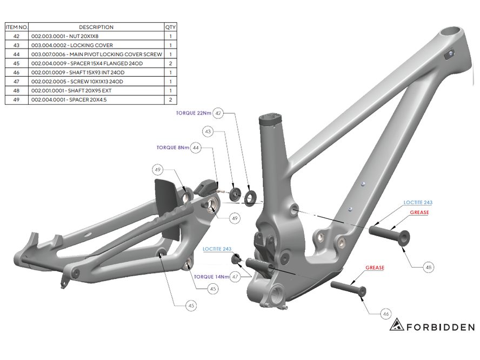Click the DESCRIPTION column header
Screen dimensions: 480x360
(96, 27)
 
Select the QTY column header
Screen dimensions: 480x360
(170, 27)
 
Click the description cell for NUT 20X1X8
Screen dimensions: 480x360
(96, 36)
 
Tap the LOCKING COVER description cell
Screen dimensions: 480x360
(96, 45)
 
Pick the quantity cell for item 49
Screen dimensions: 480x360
(170, 100)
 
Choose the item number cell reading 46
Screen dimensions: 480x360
(17, 72)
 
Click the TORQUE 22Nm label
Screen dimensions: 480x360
(194, 114)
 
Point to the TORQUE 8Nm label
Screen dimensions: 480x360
(172, 148)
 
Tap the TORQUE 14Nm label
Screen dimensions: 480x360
(211, 277)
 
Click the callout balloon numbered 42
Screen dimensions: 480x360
(218, 114)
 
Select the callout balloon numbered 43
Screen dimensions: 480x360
(208, 132)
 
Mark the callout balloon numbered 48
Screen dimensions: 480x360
(429, 267)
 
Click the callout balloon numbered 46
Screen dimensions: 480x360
(386, 314)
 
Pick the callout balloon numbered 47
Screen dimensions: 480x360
(235, 277)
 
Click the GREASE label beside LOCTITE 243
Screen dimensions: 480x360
(419, 212)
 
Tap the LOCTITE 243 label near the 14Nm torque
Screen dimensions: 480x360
(217, 249)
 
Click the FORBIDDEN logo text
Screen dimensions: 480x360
(441, 327)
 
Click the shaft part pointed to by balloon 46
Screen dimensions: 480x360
(348, 288)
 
